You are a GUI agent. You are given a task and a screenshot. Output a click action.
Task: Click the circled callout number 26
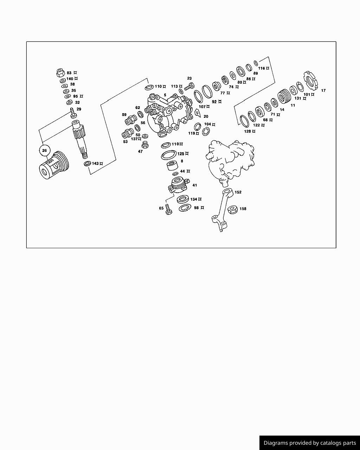pos(45,150)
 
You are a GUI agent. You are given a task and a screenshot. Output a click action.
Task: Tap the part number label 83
pos(69,73)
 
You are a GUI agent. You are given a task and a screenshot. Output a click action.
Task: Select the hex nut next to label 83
pos(60,72)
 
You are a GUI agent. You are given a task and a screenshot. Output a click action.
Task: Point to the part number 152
pos(238,192)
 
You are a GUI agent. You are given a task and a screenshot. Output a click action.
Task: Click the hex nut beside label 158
pos(232,210)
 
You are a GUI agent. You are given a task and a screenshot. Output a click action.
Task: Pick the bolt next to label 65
pos(168,209)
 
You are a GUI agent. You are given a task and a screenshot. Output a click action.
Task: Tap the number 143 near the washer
pos(95,163)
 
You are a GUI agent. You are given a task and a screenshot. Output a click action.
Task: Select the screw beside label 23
pos(189,86)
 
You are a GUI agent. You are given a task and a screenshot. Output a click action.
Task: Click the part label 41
pos(195,185)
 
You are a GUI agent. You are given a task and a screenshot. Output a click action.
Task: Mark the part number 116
pos(262,68)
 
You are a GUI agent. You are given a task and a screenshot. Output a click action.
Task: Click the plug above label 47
pos(145,145)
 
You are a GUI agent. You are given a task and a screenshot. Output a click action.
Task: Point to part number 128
pos(247,131)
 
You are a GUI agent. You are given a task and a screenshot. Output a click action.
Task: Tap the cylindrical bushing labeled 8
pos(172,165)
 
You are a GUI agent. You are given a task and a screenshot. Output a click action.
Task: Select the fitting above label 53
pos(128,133)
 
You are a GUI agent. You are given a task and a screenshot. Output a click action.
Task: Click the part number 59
pos(124,115)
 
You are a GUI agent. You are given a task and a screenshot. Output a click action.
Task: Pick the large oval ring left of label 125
pos(169,155)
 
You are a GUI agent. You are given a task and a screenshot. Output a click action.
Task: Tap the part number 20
pos(206,116)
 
